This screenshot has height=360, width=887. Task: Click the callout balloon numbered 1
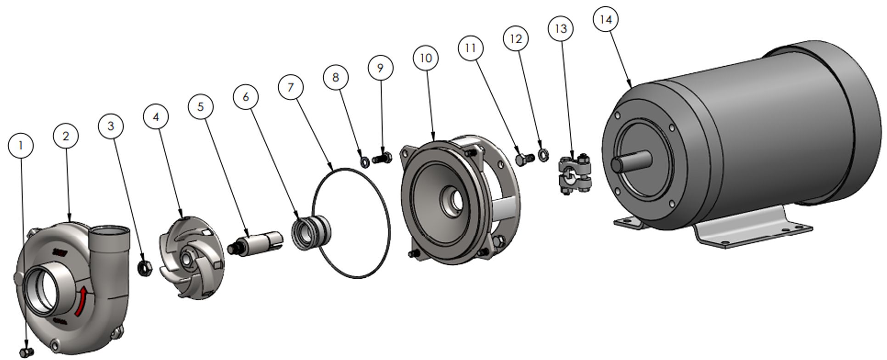[x=21, y=146]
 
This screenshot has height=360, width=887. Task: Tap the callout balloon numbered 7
[x=291, y=87]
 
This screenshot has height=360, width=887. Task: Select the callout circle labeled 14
[x=606, y=20]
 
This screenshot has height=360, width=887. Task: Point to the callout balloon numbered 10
[x=426, y=58]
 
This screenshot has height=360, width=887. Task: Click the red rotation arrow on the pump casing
[x=81, y=301]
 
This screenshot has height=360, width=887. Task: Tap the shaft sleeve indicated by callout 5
[x=255, y=242]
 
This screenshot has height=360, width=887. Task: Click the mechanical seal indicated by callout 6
[x=311, y=232]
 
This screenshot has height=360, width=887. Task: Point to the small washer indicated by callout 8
[x=365, y=162]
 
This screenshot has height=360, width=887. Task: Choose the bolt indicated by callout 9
[x=382, y=159]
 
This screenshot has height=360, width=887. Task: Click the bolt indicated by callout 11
[x=524, y=159]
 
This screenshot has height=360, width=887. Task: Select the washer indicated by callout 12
[x=543, y=155]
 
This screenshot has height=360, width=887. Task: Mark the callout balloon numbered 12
[x=516, y=39]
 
